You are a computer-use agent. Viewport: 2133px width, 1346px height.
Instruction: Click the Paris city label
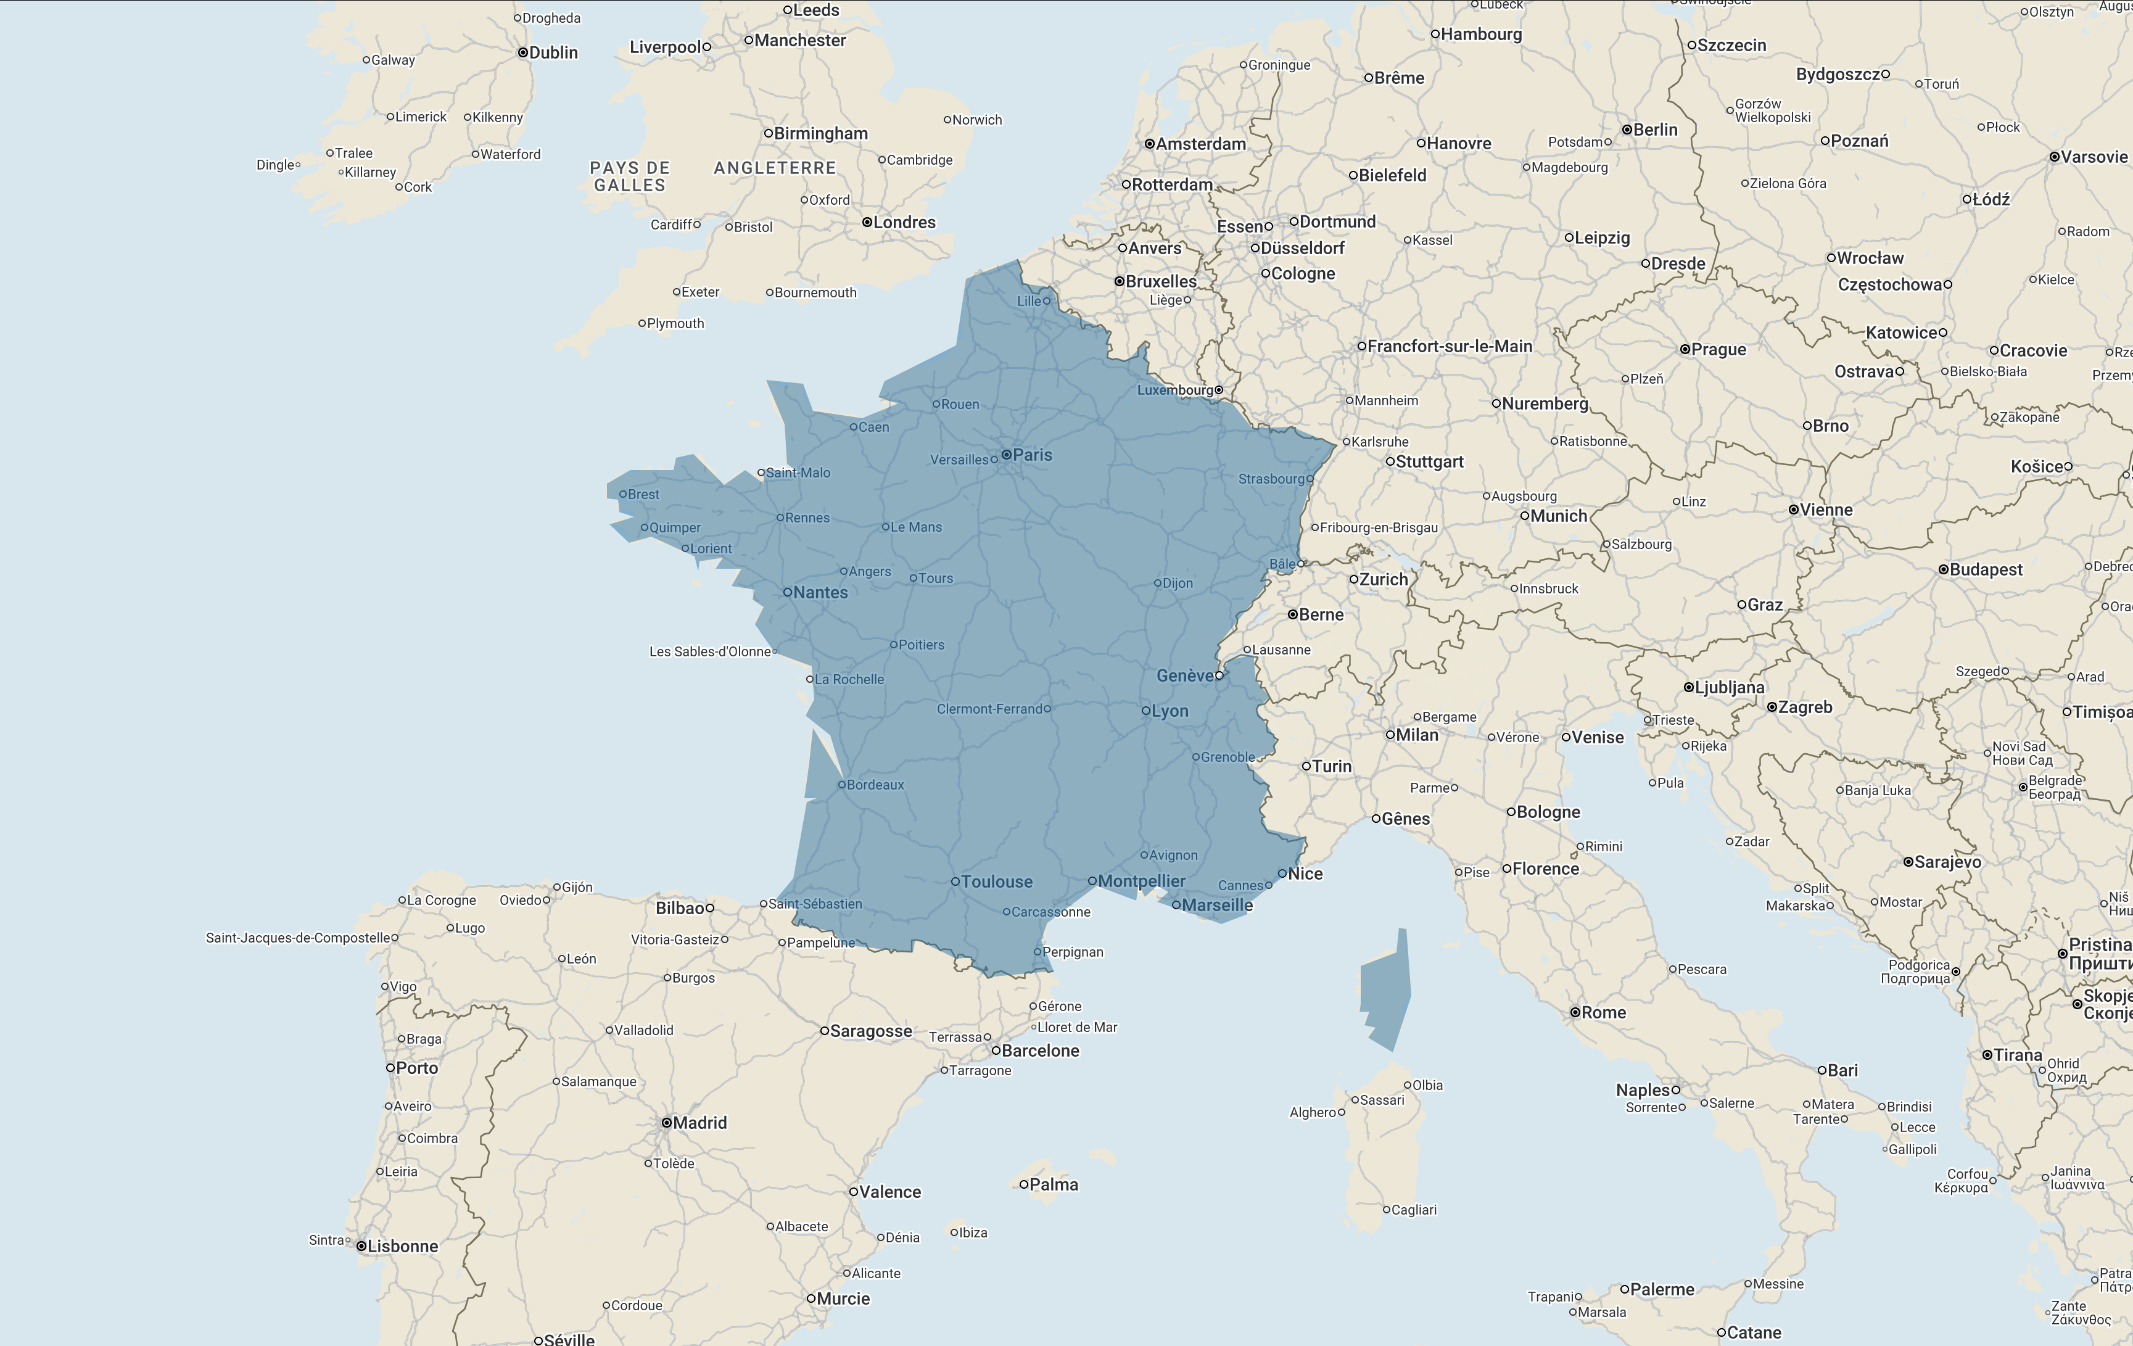point(1032,455)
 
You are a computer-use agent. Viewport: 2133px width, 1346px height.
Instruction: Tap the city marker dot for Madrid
point(666,1123)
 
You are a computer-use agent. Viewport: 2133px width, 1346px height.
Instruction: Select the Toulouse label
point(997,882)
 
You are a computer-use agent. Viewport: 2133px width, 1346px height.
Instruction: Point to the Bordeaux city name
point(875,785)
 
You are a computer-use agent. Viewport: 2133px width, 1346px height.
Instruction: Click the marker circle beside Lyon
point(1145,711)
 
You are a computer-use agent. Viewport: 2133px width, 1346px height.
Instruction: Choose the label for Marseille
point(1217,906)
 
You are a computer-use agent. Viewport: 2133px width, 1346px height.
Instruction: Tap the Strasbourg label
point(1271,479)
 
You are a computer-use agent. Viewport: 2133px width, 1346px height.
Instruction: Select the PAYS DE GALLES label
point(630,176)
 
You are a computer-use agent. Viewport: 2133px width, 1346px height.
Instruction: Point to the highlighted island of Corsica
point(1385,988)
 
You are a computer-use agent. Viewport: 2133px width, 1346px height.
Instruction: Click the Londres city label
point(904,223)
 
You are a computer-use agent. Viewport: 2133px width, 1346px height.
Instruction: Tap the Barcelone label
point(1040,1051)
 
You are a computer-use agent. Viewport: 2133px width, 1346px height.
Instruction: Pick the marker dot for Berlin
point(1627,130)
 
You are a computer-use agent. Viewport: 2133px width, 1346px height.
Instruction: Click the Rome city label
point(1603,1013)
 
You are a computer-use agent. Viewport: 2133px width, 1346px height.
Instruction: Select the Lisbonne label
point(402,1247)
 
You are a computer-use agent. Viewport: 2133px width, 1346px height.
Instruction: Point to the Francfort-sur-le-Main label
point(1449,347)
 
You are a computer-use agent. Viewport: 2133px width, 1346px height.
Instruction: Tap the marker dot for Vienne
point(1793,510)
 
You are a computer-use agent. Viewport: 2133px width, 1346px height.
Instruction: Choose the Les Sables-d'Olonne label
point(709,652)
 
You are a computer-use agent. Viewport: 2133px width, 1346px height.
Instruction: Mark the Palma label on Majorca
point(1053,1185)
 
